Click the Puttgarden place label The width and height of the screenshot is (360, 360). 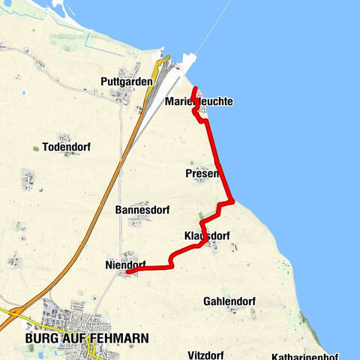[126, 81]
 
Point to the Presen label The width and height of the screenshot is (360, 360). [201, 174]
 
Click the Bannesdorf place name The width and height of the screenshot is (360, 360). [139, 210]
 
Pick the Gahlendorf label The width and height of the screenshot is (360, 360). [229, 301]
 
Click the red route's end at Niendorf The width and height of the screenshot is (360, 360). [127, 272]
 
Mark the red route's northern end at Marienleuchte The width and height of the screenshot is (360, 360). [195, 89]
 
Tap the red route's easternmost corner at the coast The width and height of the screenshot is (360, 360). [233, 201]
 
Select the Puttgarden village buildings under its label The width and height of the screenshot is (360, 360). [122, 95]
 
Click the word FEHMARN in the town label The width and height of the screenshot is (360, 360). [119, 338]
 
